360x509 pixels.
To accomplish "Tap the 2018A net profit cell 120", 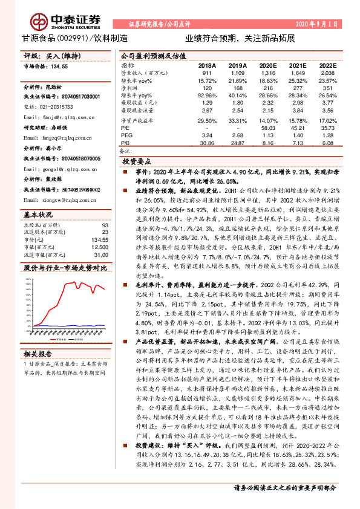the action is coord(207,88).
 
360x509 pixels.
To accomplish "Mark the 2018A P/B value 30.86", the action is coord(207,144).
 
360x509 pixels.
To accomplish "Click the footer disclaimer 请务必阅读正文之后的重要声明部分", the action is coord(285,488).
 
